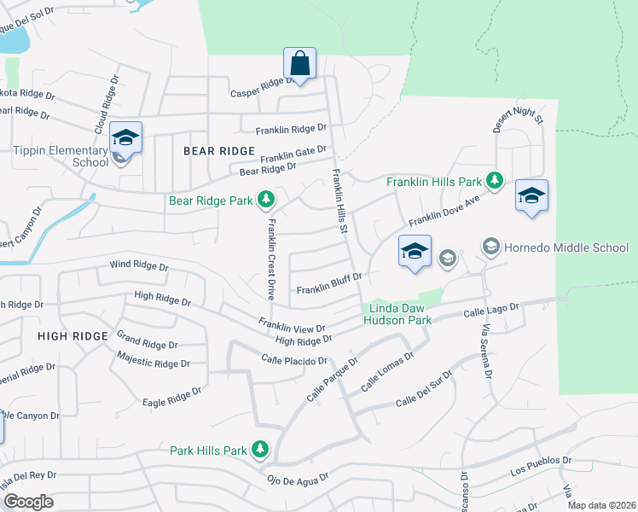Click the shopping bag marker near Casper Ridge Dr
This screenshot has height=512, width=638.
[299, 63]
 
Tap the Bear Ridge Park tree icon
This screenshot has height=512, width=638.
[267, 200]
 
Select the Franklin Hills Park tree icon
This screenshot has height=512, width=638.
[493, 180]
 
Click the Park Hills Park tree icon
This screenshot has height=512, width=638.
[260, 450]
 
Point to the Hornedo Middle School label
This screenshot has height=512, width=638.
[565, 247]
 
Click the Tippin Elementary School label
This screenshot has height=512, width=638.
[61, 155]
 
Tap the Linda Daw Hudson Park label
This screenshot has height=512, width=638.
[397, 313]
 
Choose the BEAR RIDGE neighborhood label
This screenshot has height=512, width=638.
[218, 151]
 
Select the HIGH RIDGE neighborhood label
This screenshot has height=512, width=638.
[73, 336]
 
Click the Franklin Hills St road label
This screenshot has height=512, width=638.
[339, 201]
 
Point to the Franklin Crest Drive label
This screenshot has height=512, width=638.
[270, 259]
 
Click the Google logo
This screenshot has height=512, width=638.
[27, 502]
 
